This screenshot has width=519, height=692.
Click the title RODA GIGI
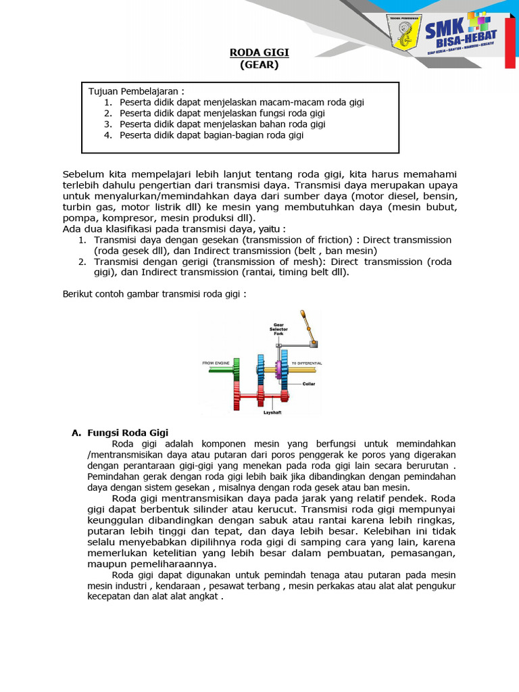click(259, 53)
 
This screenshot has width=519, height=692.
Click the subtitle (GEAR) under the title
click(259, 65)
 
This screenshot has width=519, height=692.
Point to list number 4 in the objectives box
click(107, 135)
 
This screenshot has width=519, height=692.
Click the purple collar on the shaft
click(278, 369)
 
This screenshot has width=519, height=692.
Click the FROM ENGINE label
click(217, 363)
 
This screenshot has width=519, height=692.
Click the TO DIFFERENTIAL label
click(306, 363)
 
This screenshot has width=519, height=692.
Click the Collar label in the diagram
click(309, 384)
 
